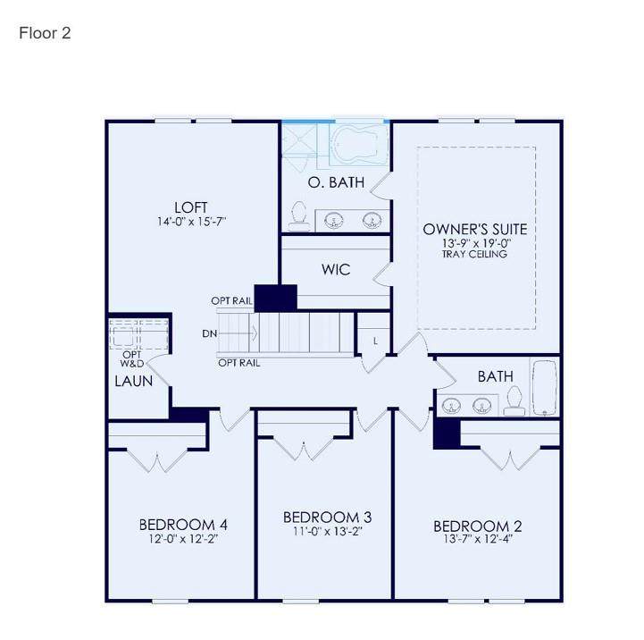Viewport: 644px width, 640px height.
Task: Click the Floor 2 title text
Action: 45,33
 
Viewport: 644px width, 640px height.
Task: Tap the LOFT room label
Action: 191,207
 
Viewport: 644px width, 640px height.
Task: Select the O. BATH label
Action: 337,182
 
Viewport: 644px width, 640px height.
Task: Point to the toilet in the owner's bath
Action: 298,216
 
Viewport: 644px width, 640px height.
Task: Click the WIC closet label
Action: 336,270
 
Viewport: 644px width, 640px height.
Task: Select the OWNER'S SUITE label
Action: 475,230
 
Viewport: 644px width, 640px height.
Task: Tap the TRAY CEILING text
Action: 475,254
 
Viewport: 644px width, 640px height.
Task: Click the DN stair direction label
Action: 210,333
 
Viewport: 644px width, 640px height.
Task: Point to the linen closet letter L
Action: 375,341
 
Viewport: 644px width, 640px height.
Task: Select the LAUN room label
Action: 134,381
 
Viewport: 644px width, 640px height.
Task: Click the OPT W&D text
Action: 132,358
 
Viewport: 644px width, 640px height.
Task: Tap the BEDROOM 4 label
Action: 183,525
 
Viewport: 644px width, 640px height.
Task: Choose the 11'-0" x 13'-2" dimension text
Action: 327,532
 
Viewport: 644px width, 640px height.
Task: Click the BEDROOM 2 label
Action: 478,526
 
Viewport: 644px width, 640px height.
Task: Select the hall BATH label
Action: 496,376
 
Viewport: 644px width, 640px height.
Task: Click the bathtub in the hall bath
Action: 545,388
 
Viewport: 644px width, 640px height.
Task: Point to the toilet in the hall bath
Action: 514,401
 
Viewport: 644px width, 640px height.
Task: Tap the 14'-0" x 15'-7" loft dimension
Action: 192,222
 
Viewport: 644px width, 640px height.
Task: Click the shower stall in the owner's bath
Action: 300,145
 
